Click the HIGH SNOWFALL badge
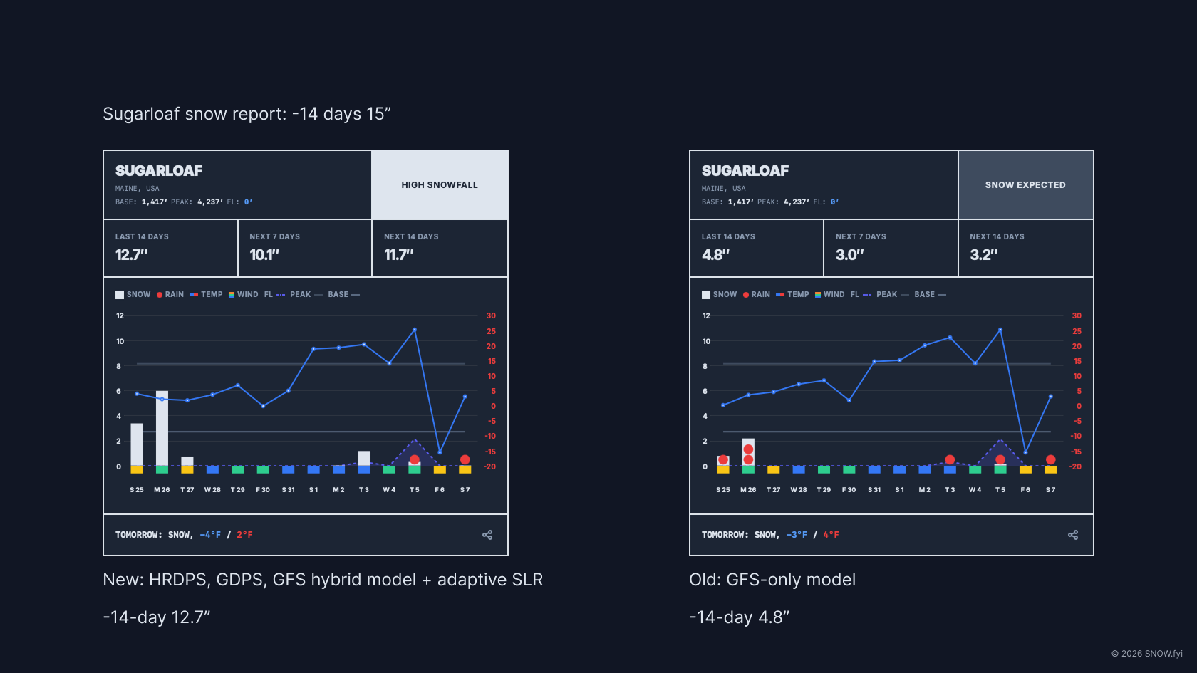(440, 185)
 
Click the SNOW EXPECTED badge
(1025, 185)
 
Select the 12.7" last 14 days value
(132, 255)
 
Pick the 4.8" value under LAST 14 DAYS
(715, 255)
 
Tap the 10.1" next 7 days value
(264, 255)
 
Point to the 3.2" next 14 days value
(983, 255)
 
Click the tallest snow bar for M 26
(162, 427)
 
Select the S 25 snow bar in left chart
(137, 444)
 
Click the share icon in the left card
(487, 535)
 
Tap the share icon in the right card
(1073, 535)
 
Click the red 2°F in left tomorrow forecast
(244, 535)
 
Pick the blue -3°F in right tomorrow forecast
(797, 535)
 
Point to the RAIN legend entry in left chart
(170, 295)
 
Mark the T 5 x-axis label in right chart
(1000, 490)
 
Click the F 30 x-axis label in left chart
(263, 490)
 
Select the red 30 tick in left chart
(491, 315)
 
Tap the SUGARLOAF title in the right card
(745, 171)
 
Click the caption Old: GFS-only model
(772, 580)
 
